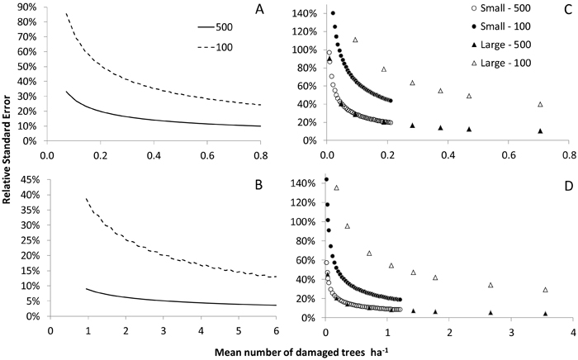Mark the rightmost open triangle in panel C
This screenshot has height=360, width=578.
[541, 104]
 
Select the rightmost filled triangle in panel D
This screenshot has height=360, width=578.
[545, 314]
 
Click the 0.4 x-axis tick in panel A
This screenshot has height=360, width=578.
[154, 154]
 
